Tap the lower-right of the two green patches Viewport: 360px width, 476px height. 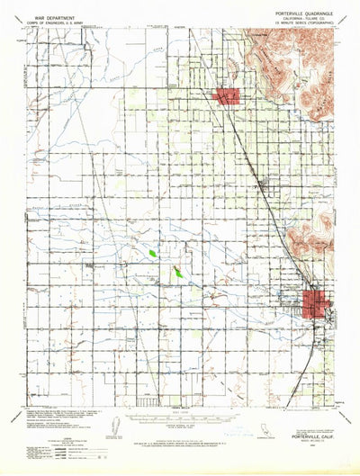178,270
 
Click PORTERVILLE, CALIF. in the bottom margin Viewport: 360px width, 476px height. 310,405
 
